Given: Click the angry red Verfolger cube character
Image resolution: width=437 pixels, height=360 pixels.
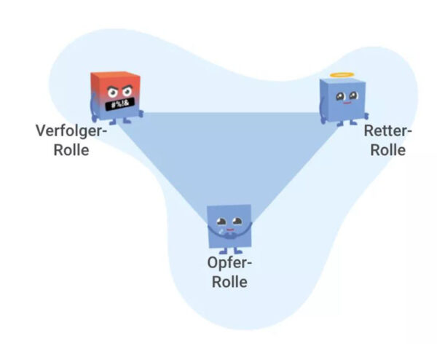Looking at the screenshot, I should (116, 95).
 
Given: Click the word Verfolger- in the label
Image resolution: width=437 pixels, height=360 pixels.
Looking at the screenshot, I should (71, 132).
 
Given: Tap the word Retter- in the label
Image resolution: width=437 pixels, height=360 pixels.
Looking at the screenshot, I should (387, 132).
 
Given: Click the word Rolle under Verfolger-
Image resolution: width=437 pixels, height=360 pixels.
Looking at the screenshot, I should (71, 151).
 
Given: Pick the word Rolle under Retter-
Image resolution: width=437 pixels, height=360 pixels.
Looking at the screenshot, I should (387, 151).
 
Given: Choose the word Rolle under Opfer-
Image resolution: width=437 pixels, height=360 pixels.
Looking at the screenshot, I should (229, 282).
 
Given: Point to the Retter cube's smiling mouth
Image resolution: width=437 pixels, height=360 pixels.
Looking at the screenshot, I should (344, 104).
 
